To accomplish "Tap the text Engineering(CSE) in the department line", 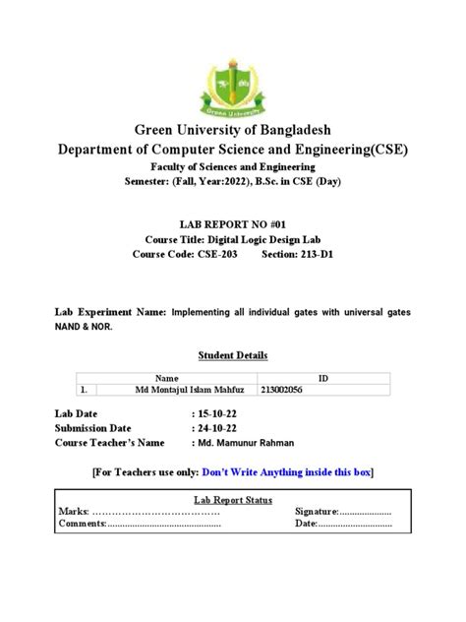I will pos(349,149).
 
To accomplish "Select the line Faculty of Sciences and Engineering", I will pos(232,167).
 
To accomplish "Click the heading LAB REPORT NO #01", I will pos(232,221).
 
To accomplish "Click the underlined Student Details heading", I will pos(232,355).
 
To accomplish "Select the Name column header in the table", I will pos(166,378).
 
